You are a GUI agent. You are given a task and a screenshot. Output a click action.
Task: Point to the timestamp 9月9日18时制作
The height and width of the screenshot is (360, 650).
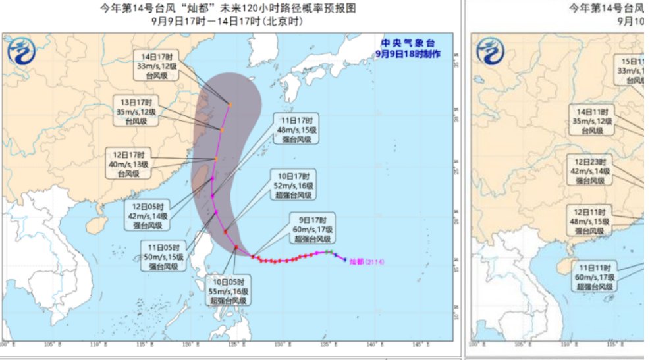[x=408, y=53]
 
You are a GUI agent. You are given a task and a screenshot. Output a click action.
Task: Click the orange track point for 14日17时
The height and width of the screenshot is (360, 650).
[x=230, y=104]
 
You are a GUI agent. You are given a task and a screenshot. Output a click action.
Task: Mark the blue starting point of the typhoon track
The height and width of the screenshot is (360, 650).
[x=344, y=259]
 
